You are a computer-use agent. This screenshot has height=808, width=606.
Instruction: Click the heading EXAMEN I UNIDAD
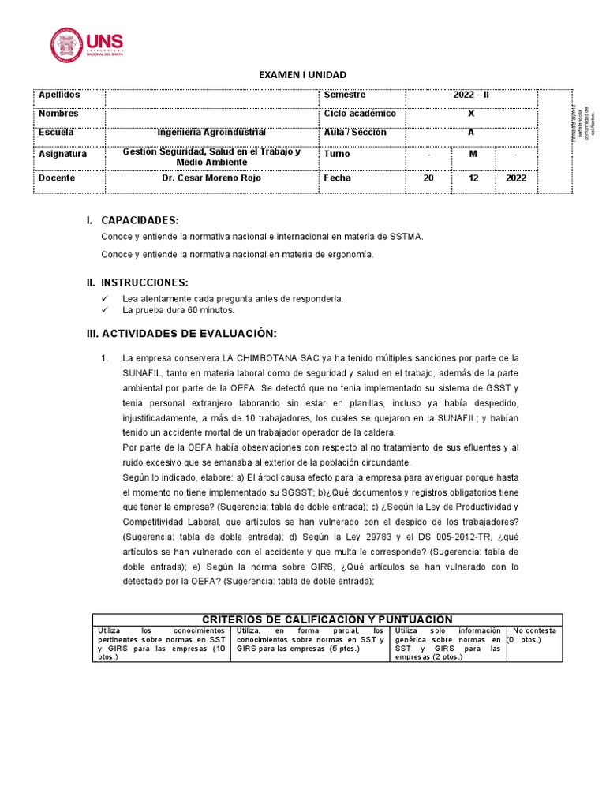point(303,75)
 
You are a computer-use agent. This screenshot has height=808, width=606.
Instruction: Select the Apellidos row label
point(59,95)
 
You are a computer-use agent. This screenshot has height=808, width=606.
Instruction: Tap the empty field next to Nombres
point(211,114)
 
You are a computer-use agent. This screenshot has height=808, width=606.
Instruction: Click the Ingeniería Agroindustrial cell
point(211,133)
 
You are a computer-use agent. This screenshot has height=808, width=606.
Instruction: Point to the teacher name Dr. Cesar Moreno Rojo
point(211,178)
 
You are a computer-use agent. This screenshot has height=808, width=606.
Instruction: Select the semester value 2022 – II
point(471,95)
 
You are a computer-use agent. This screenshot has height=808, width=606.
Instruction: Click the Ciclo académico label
point(360,114)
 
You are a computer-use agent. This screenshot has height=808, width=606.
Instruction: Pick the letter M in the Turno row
point(473,155)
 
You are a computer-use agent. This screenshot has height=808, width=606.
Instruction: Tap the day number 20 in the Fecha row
point(428,178)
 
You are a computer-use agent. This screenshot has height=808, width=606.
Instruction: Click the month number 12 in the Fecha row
point(473,178)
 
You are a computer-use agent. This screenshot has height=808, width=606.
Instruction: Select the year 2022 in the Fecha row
point(516,178)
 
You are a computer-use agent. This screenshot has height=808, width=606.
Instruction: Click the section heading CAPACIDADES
point(140,220)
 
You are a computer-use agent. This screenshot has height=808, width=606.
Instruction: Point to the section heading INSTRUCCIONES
point(143,282)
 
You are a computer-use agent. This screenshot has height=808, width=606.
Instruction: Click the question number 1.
point(104,358)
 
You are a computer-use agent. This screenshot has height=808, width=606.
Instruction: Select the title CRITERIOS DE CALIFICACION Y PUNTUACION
point(327,619)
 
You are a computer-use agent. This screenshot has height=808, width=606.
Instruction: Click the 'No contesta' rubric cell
point(534,635)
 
